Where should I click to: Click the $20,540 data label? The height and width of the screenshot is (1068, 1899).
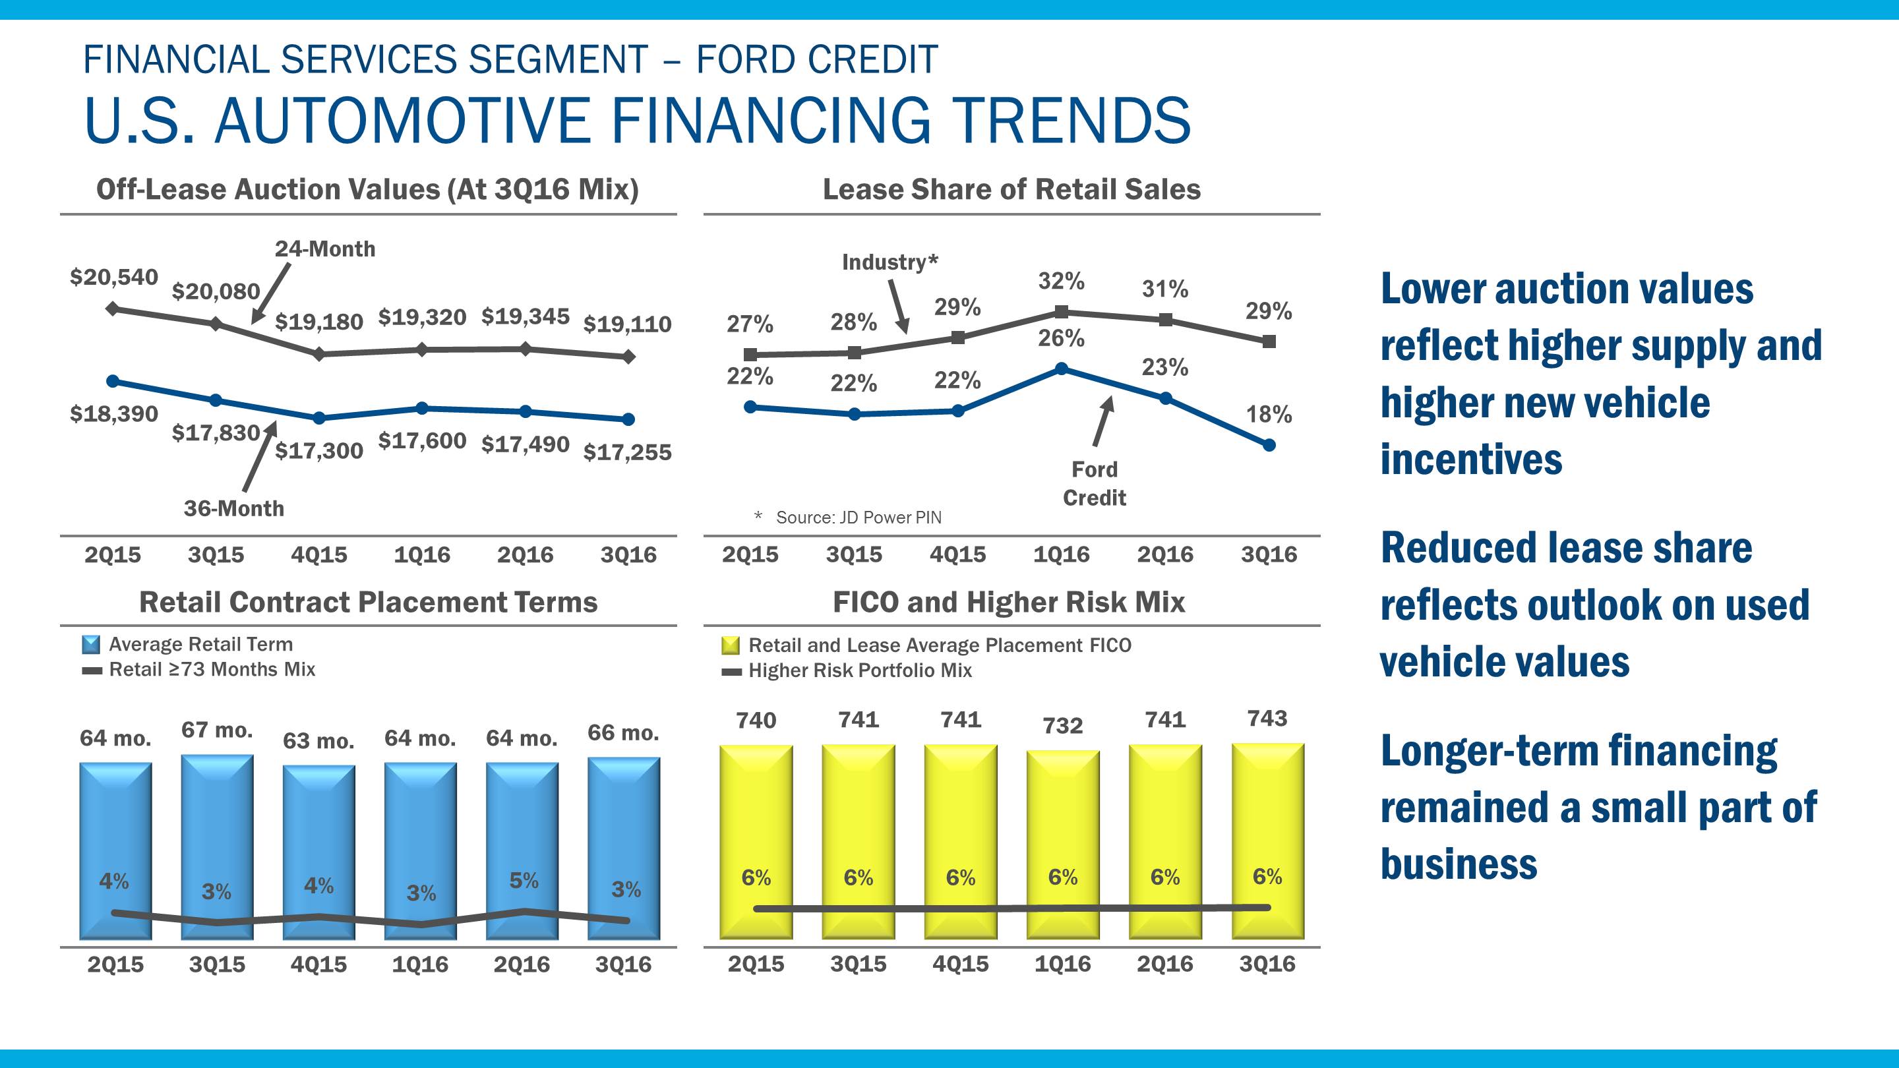click(x=113, y=277)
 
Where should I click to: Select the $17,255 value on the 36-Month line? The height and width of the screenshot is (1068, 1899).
click(x=627, y=452)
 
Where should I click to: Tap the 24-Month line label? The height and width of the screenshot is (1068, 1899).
click(x=324, y=249)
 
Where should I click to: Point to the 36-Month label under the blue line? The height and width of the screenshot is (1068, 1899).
click(x=233, y=508)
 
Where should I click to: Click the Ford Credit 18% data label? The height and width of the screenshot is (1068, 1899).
click(x=1269, y=414)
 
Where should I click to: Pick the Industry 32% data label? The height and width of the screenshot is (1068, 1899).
click(x=1061, y=281)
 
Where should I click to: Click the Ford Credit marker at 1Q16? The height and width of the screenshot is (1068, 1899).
click(x=1062, y=369)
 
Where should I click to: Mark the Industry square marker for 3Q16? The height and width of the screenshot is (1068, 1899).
click(x=1269, y=341)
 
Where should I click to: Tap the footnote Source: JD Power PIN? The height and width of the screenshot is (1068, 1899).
click(x=858, y=518)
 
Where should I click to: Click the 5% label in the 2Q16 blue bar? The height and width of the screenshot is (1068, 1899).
click(x=524, y=880)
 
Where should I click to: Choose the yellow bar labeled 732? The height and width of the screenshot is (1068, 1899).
click(x=1062, y=844)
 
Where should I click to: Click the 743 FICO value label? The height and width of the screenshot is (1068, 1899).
click(x=1267, y=718)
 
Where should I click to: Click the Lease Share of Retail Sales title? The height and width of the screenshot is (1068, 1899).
click(x=1011, y=189)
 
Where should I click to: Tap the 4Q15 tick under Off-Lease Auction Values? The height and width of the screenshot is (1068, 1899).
click(x=318, y=554)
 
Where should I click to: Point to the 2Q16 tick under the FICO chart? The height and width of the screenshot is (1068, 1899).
click(x=1164, y=964)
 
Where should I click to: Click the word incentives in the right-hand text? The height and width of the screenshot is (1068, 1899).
click(x=1470, y=460)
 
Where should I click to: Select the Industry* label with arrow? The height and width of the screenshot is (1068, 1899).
click(x=889, y=262)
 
